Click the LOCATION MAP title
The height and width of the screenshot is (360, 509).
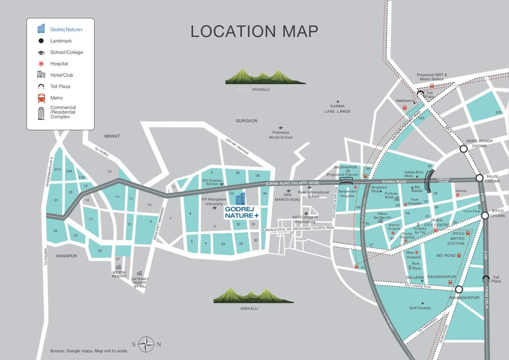click(x=254, y=31)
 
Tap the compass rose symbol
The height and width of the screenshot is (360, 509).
click(x=147, y=345)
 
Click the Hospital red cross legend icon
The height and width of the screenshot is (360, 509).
click(x=41, y=64)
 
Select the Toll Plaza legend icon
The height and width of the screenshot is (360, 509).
click(x=41, y=87)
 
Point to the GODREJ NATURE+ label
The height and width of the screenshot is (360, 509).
click(x=241, y=212)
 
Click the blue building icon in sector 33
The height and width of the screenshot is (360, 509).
click(x=240, y=198)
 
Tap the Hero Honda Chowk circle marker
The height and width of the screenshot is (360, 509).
click(x=464, y=149)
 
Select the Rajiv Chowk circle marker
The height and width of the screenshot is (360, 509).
click(x=479, y=178)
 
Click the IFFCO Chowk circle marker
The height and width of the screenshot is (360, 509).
click(x=485, y=216)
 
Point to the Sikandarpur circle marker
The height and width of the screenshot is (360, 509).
click(x=459, y=290)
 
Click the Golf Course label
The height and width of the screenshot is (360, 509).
click(x=419, y=308)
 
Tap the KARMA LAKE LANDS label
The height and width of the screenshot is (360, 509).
click(x=337, y=109)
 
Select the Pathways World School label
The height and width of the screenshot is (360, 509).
click(x=281, y=135)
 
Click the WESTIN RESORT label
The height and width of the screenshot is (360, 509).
click(x=119, y=274)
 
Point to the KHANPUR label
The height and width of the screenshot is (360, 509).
click(x=67, y=256)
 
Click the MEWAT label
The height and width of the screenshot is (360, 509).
click(x=112, y=136)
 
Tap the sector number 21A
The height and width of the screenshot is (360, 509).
click(x=57, y=170)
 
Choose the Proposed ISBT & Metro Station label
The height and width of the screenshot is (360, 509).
click(x=432, y=77)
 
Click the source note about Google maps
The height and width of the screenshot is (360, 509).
click(x=89, y=351)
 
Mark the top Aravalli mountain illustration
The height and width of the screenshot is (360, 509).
click(x=265, y=76)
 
